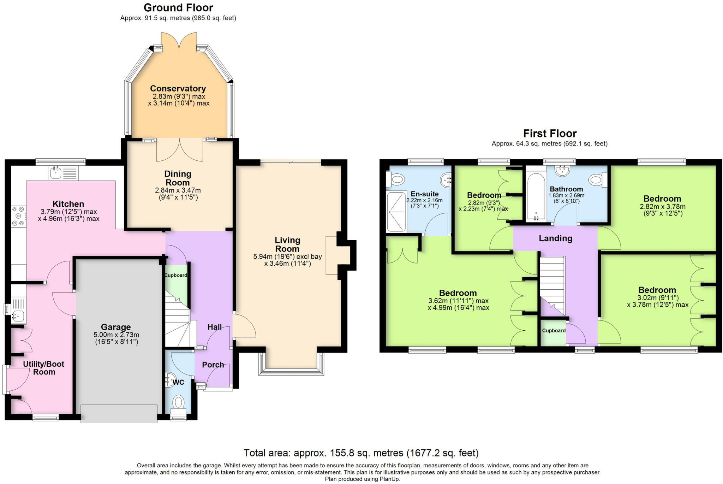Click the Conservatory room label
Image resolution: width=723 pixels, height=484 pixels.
pyautogui.click(x=178, y=88)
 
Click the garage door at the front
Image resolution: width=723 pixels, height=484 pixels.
pyautogui.click(x=119, y=413)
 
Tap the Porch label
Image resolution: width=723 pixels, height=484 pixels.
pyautogui.click(x=213, y=365)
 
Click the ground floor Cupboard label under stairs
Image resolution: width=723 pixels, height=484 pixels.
pyautogui.click(x=175, y=275)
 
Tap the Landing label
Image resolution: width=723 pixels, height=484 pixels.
pyautogui.click(x=555, y=238)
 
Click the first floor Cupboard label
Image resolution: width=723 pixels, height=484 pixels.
pyautogui.click(x=554, y=331)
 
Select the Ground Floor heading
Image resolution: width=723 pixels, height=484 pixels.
pyautogui.click(x=178, y=8)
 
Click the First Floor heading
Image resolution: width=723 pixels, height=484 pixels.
pyautogui.click(x=549, y=134)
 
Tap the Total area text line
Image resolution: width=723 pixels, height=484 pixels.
pyautogui.click(x=361, y=453)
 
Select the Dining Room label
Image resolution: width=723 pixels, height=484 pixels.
pyautogui.click(x=178, y=178)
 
